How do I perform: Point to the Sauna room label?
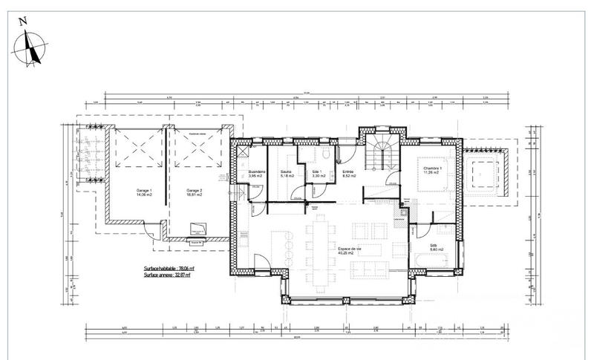point(286,174)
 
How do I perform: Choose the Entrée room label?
point(347,174)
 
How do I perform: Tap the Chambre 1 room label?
point(434,170)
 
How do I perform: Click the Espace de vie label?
point(348,250)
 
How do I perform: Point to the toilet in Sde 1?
point(327,154)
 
